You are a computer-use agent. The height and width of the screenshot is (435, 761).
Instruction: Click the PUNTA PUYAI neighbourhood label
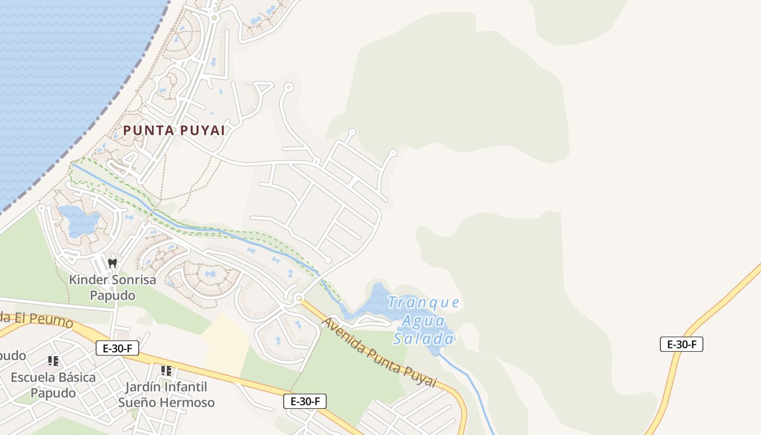tap(174, 130)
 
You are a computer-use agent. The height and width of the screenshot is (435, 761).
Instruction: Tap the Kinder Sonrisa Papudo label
tap(113, 288)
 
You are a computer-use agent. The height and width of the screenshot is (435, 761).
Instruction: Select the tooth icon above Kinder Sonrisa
tap(113, 264)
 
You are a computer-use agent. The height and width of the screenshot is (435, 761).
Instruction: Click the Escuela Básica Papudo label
tap(53, 384)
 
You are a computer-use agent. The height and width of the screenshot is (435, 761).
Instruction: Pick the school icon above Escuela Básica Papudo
tap(53, 361)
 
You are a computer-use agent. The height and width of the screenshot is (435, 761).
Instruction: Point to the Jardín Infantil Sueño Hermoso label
tap(166, 395)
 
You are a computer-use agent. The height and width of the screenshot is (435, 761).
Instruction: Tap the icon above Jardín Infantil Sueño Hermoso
tap(166, 371)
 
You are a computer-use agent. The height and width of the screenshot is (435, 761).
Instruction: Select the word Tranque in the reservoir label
tap(424, 302)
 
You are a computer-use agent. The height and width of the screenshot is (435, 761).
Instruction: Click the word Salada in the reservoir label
tap(423, 339)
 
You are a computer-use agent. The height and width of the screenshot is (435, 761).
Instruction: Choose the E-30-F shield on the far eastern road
tap(682, 344)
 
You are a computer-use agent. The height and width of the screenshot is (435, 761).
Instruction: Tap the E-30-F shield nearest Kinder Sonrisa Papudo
tap(117, 348)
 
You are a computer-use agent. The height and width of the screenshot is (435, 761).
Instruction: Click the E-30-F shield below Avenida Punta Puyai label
tap(305, 401)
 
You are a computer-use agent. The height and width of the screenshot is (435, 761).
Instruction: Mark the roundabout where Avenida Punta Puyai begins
tap(298, 298)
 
